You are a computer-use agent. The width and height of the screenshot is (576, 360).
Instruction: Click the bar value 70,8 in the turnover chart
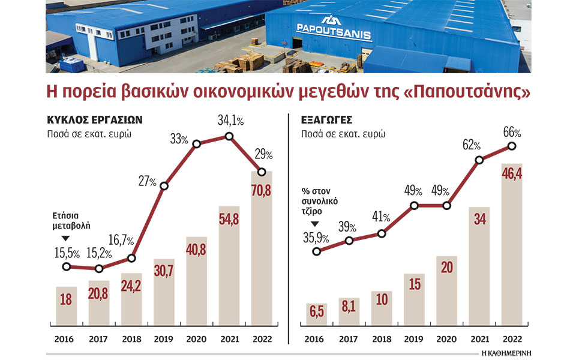click(261, 194)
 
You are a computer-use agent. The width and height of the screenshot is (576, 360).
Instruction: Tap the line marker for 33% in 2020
click(196, 143)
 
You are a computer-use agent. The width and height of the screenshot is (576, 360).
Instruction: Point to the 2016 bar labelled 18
click(66, 301)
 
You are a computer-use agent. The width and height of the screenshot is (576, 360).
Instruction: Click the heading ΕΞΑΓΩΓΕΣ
click(326, 119)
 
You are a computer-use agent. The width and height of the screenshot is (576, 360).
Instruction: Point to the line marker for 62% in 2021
click(479, 160)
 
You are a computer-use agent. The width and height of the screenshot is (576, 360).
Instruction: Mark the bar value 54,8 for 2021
click(229, 217)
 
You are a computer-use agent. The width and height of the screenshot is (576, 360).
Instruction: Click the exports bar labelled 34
click(479, 221)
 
